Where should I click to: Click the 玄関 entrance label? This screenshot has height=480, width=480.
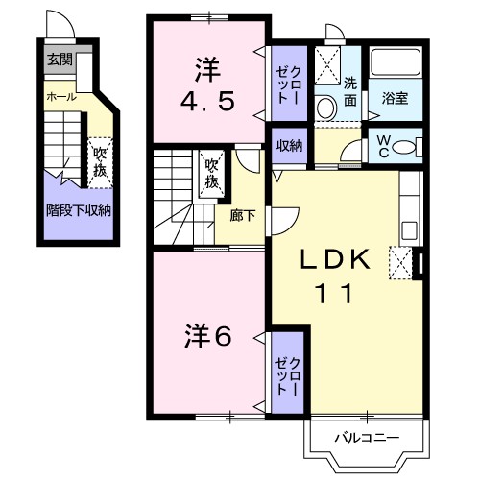[x=60, y=60]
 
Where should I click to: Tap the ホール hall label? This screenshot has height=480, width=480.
[x=61, y=96]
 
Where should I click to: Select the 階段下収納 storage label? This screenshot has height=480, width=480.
[x=79, y=210]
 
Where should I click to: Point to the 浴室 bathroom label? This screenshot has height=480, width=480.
[x=395, y=98]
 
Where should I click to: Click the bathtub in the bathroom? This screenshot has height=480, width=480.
[x=396, y=62]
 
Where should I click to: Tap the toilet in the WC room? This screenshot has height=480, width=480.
[x=406, y=147]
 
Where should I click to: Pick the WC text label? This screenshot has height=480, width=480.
[x=383, y=147]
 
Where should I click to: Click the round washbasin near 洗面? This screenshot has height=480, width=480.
[x=326, y=108]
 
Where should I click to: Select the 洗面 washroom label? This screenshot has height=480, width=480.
[x=350, y=92]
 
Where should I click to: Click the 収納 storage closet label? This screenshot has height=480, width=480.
[x=289, y=146]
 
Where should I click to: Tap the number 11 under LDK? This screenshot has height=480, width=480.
[x=335, y=294]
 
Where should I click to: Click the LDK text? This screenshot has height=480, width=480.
[x=335, y=259]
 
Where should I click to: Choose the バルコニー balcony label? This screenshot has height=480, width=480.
[x=367, y=437]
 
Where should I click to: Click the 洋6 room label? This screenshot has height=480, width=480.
[x=208, y=338]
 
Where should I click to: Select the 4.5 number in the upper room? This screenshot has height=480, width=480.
[x=208, y=101]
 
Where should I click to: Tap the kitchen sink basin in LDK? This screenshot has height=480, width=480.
[x=409, y=230]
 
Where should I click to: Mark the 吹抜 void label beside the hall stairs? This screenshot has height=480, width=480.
[x=100, y=162]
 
